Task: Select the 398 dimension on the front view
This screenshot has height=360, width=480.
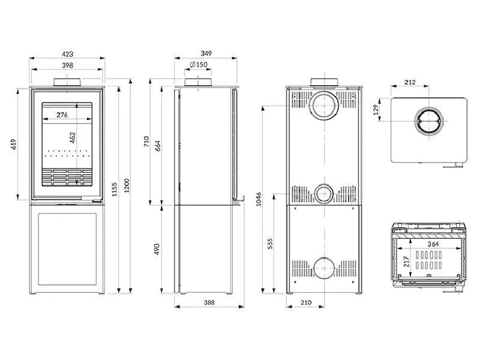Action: pyautogui.click(x=67, y=65)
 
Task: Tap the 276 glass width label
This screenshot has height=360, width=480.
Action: pyautogui.click(x=62, y=114)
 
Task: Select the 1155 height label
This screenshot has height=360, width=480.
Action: pyautogui.click(x=115, y=190)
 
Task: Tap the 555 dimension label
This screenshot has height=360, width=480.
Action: pyautogui.click(x=270, y=244)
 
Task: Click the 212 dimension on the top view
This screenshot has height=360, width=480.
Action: pyautogui.click(x=410, y=82)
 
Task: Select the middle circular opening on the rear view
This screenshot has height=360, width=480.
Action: pyautogui.click(x=324, y=193)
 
